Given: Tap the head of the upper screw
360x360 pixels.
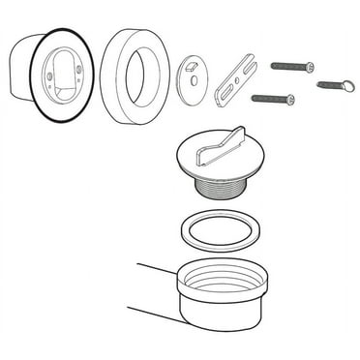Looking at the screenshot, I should click(x=311, y=66).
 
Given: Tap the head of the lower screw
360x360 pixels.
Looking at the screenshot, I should click(x=287, y=98).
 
